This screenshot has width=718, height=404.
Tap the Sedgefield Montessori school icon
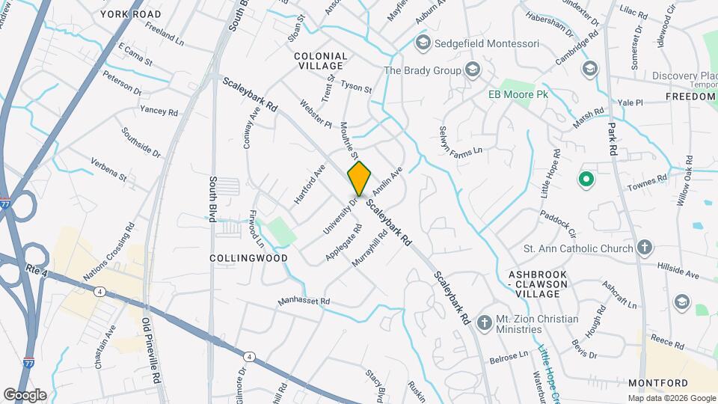(423, 43)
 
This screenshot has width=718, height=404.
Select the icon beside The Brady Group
(472, 70)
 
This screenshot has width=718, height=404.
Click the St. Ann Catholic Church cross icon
(645, 247)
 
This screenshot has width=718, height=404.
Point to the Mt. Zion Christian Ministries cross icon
(484, 323)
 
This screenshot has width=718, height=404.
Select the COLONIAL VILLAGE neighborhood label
(321, 61)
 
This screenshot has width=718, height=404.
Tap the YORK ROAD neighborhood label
(130, 14)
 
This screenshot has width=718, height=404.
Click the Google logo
(25, 394)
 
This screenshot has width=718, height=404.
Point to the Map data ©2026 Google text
(671, 398)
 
